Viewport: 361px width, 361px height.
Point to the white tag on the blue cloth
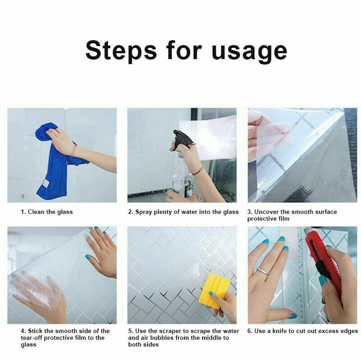[x=46, y=184]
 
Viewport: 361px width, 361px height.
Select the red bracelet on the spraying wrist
[x=198, y=171]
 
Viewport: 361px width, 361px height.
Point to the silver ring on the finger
[x=263, y=272]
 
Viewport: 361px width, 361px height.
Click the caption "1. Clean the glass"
[x=47, y=212]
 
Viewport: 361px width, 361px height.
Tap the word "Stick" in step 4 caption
[x=36, y=331]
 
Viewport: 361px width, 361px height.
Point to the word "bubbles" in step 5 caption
[x=162, y=338]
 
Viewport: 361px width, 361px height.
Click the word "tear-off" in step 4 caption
[x=31, y=338]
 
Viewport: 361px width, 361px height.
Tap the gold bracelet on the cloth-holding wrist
[x=74, y=150]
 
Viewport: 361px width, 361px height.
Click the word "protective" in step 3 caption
[x=262, y=219]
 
